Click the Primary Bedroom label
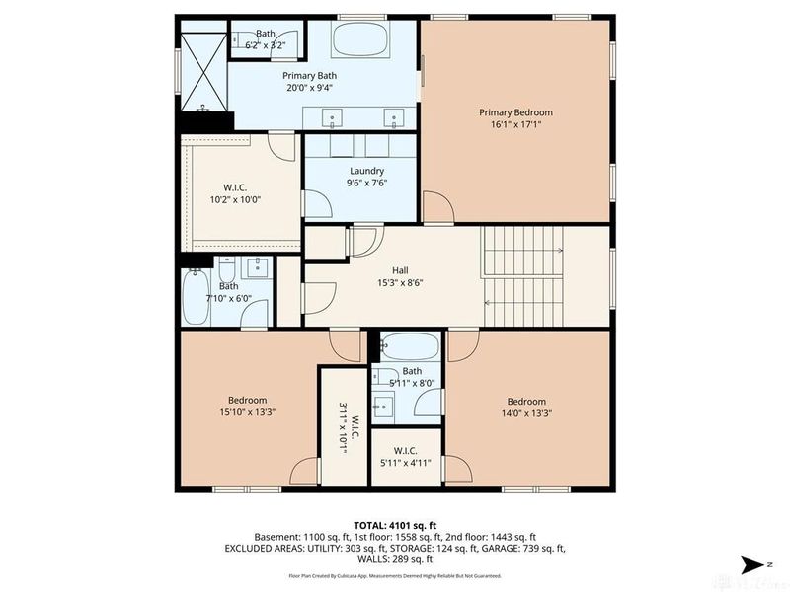[x=515, y=112]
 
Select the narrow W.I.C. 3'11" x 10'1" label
[x=342, y=425]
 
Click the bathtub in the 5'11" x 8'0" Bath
[x=411, y=347]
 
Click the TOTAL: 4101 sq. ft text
[x=395, y=524]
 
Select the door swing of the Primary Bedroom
[x=437, y=207]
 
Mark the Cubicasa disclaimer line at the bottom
[x=395, y=575]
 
